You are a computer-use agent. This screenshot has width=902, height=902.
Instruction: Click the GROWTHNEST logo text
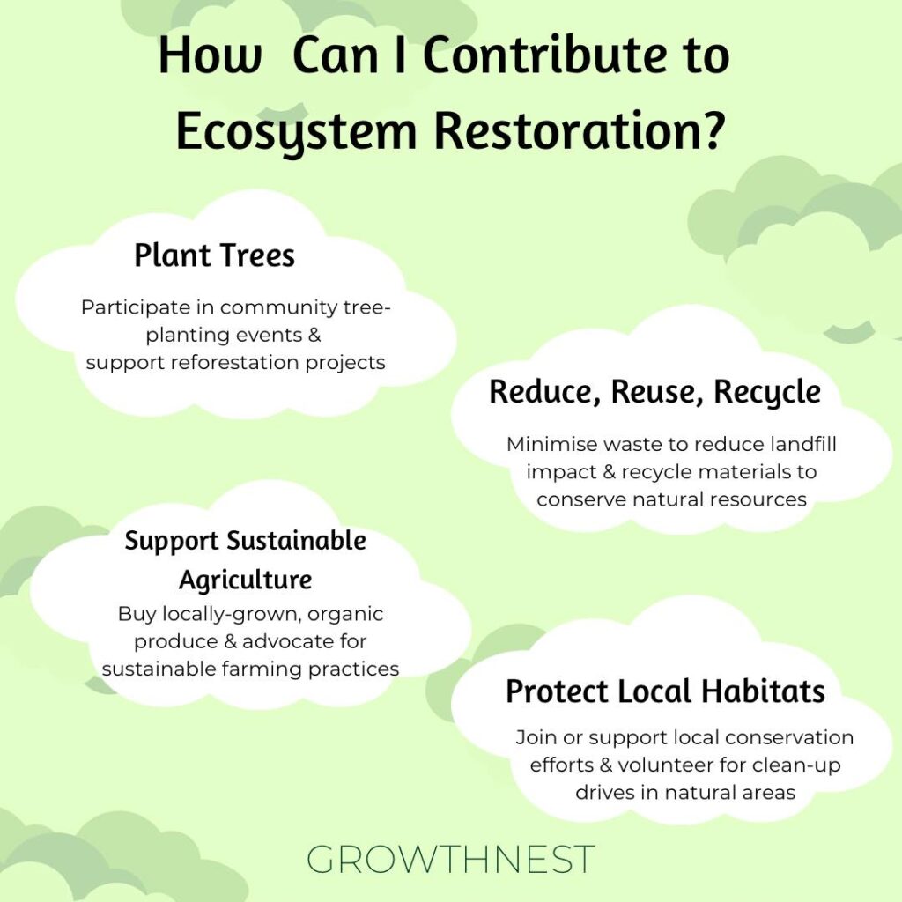pyautogui.click(x=450, y=860)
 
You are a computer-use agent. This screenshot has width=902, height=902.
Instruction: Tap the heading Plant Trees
pyautogui.click(x=215, y=255)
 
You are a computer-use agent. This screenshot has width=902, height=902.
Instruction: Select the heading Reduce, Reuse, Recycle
pyautogui.click(x=654, y=392)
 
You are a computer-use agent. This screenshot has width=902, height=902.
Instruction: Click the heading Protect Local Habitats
pyautogui.click(x=666, y=691)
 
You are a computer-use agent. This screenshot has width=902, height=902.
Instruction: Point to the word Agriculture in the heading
pyautogui.click(x=246, y=580)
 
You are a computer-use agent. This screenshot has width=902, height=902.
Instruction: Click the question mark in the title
pyautogui.click(x=711, y=130)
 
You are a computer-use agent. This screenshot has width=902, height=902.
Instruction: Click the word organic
pyautogui.click(x=345, y=615)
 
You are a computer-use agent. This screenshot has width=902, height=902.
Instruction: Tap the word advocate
pyautogui.click(x=288, y=641)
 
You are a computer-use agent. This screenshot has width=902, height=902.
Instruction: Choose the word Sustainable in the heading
pyautogui.click(x=296, y=542)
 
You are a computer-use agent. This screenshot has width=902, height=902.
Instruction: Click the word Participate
pyautogui.click(x=136, y=307)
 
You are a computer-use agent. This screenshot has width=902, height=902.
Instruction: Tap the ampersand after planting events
pyautogui.click(x=314, y=335)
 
